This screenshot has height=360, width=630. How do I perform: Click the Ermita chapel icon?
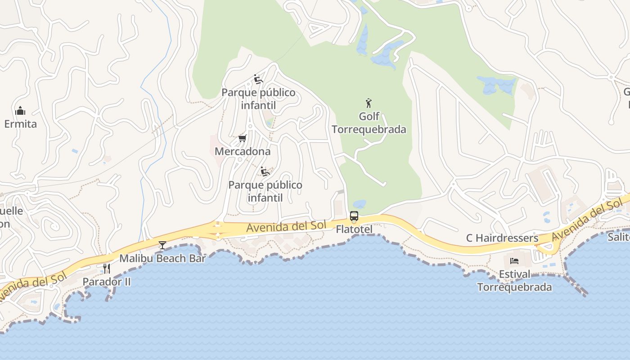click(x=20, y=111)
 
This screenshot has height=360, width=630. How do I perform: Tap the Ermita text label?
click(x=20, y=124)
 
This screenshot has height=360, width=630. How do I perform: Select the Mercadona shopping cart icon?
click(x=242, y=138)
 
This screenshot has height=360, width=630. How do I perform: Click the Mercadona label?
click(x=243, y=151)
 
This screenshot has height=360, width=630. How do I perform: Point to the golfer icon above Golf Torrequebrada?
click(x=369, y=103)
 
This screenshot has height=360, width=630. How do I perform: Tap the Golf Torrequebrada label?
click(x=369, y=123)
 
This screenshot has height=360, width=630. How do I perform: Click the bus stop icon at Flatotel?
click(x=354, y=216)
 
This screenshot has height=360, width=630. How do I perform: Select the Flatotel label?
click(x=354, y=229)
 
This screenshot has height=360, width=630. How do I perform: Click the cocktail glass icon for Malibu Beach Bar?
click(x=162, y=245)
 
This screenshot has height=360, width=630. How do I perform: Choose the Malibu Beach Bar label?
click(x=162, y=258)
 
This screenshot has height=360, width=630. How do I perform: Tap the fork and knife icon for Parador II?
click(x=107, y=269)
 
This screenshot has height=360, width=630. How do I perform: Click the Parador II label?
click(x=107, y=282)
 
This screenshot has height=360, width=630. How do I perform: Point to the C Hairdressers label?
click(x=502, y=238)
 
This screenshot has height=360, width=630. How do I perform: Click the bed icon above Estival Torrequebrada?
click(x=514, y=261)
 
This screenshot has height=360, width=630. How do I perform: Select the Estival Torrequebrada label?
click(x=514, y=280)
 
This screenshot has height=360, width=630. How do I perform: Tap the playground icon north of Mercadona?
click(x=258, y=79)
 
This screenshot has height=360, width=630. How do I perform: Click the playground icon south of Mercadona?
click(x=265, y=171)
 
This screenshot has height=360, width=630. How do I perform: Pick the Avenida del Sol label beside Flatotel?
click(x=286, y=227)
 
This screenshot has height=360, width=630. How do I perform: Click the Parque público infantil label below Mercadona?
click(x=265, y=191)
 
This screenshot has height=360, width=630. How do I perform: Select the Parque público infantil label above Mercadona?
click(x=258, y=99)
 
